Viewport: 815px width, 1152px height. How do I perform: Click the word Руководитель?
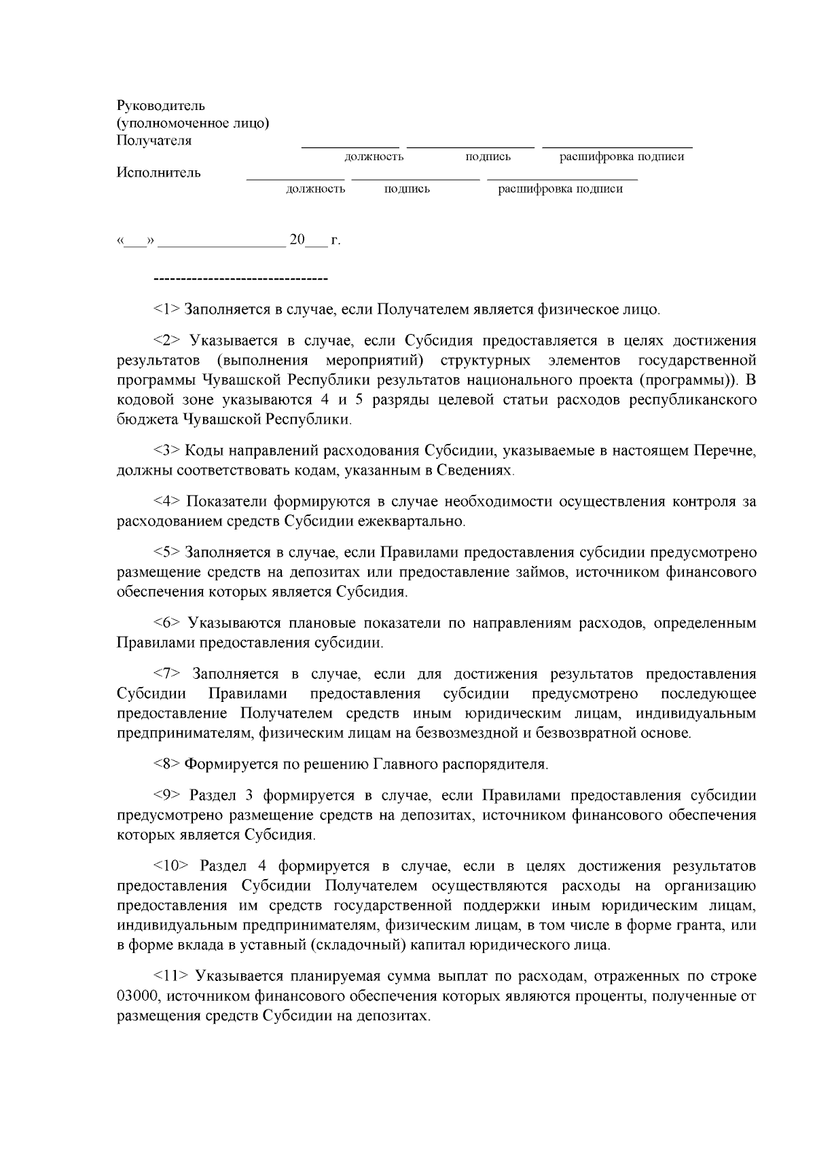[x=160, y=106]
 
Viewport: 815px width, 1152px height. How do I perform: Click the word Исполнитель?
[x=158, y=172]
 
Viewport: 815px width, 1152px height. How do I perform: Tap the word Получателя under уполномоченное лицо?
[x=153, y=141]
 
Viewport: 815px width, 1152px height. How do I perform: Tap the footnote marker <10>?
[x=170, y=867]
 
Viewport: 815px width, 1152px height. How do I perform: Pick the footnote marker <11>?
[x=170, y=977]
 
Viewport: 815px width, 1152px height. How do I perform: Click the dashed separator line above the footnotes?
[x=241, y=279]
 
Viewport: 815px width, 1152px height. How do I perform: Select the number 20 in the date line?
[x=297, y=240]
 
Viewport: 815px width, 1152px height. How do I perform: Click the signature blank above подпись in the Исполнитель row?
[x=415, y=179]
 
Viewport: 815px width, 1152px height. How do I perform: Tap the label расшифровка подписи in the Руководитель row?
[x=621, y=157]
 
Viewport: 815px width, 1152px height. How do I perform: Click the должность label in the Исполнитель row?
[x=315, y=189]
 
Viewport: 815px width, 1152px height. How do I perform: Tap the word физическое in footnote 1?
[x=577, y=310]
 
